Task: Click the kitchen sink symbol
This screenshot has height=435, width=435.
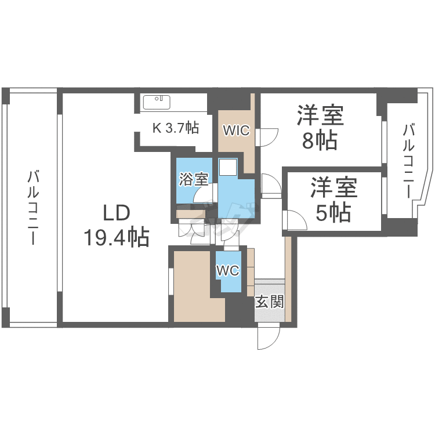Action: coord(157,102)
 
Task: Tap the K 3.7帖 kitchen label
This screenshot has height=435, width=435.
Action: coord(176,128)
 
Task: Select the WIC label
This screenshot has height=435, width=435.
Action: coord(237,130)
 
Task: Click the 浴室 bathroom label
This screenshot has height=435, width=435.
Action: coord(194,179)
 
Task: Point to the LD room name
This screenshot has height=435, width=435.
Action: coord(117,213)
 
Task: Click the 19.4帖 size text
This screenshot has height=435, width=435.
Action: coord(117,237)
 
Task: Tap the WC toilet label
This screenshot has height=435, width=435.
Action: coord(228,270)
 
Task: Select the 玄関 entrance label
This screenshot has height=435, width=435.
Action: coord(270,301)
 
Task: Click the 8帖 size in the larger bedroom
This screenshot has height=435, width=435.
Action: coord(320,140)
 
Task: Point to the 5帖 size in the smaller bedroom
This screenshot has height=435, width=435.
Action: coord(333,212)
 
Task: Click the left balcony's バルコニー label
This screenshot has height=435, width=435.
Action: coord(33,208)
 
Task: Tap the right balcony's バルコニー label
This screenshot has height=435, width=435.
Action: coord(409,161)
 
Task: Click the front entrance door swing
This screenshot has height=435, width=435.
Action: coord(269,339)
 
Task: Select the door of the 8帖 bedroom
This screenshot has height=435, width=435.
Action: coord(267,137)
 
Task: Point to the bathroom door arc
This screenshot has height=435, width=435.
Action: coord(202,193)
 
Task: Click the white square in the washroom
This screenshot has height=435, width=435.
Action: coord(228,166)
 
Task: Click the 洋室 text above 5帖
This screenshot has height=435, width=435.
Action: coord(333,187)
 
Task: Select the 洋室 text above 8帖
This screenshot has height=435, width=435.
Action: coord(320,115)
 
